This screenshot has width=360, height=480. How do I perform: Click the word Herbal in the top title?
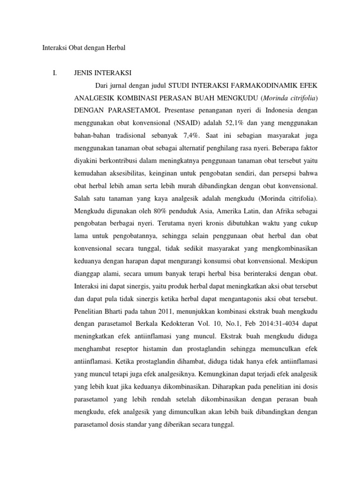pos(115,47)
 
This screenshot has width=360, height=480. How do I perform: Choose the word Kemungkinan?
pos(229,375)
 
